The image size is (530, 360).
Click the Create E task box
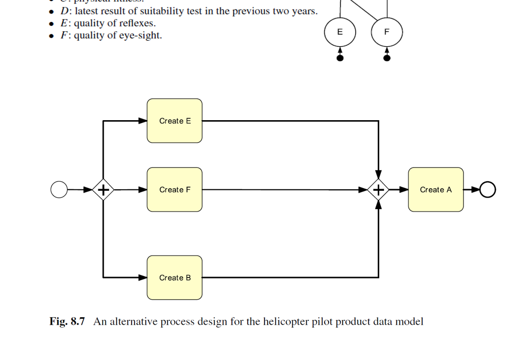coord(175,121)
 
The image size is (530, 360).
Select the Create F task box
coord(175,190)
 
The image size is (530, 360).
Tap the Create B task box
coord(175,278)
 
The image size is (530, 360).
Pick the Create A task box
coord(436,190)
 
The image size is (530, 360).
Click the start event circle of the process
coord(59,190)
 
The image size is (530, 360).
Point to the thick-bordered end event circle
coord(488,190)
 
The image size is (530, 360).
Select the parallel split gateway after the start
coord(103,190)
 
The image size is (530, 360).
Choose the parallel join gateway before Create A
coord(379,190)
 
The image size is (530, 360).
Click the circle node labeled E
coord(340,32)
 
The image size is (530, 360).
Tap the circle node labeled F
coord(387,32)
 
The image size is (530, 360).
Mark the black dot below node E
coord(340,58)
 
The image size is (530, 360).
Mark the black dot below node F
coord(387,58)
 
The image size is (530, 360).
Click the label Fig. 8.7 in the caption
coord(67,322)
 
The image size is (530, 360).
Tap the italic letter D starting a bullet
coord(64,11)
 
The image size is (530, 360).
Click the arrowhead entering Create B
coord(143,278)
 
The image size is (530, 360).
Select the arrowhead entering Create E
coord(143,121)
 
